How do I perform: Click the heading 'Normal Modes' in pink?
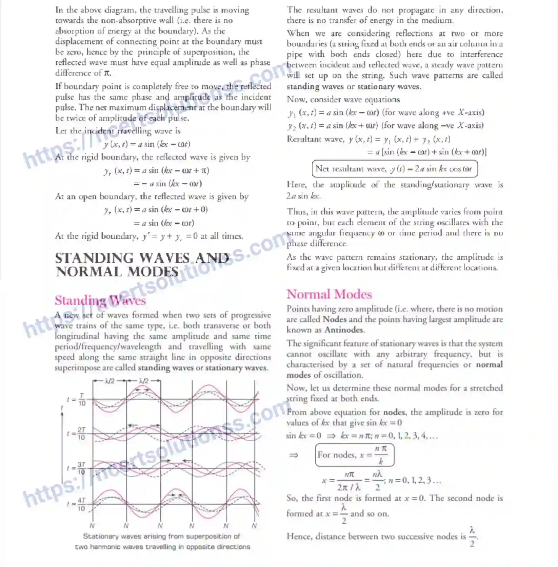point(329,294)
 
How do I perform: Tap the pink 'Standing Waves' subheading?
point(100,300)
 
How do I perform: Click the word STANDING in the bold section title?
point(95,258)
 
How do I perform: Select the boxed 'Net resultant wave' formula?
point(394,169)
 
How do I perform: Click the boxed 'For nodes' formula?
point(354,455)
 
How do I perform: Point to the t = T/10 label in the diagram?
point(77,400)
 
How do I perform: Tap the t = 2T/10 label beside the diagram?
point(77,434)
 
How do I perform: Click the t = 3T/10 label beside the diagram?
point(77,468)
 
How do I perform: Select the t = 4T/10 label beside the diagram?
point(77,504)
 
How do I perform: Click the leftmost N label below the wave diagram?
point(92,526)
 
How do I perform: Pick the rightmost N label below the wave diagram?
point(254,526)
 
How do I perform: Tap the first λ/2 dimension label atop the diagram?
point(109,381)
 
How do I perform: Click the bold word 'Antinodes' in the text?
point(344,330)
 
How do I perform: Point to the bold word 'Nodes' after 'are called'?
point(335,319)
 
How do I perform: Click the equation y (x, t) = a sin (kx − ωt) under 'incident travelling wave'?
point(147,144)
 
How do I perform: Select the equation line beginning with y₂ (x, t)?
point(385,126)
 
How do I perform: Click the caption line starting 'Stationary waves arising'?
point(161,536)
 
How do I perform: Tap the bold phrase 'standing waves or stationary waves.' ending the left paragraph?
point(203,367)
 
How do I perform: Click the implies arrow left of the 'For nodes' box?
point(294,455)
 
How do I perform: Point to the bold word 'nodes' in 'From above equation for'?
point(394,412)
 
